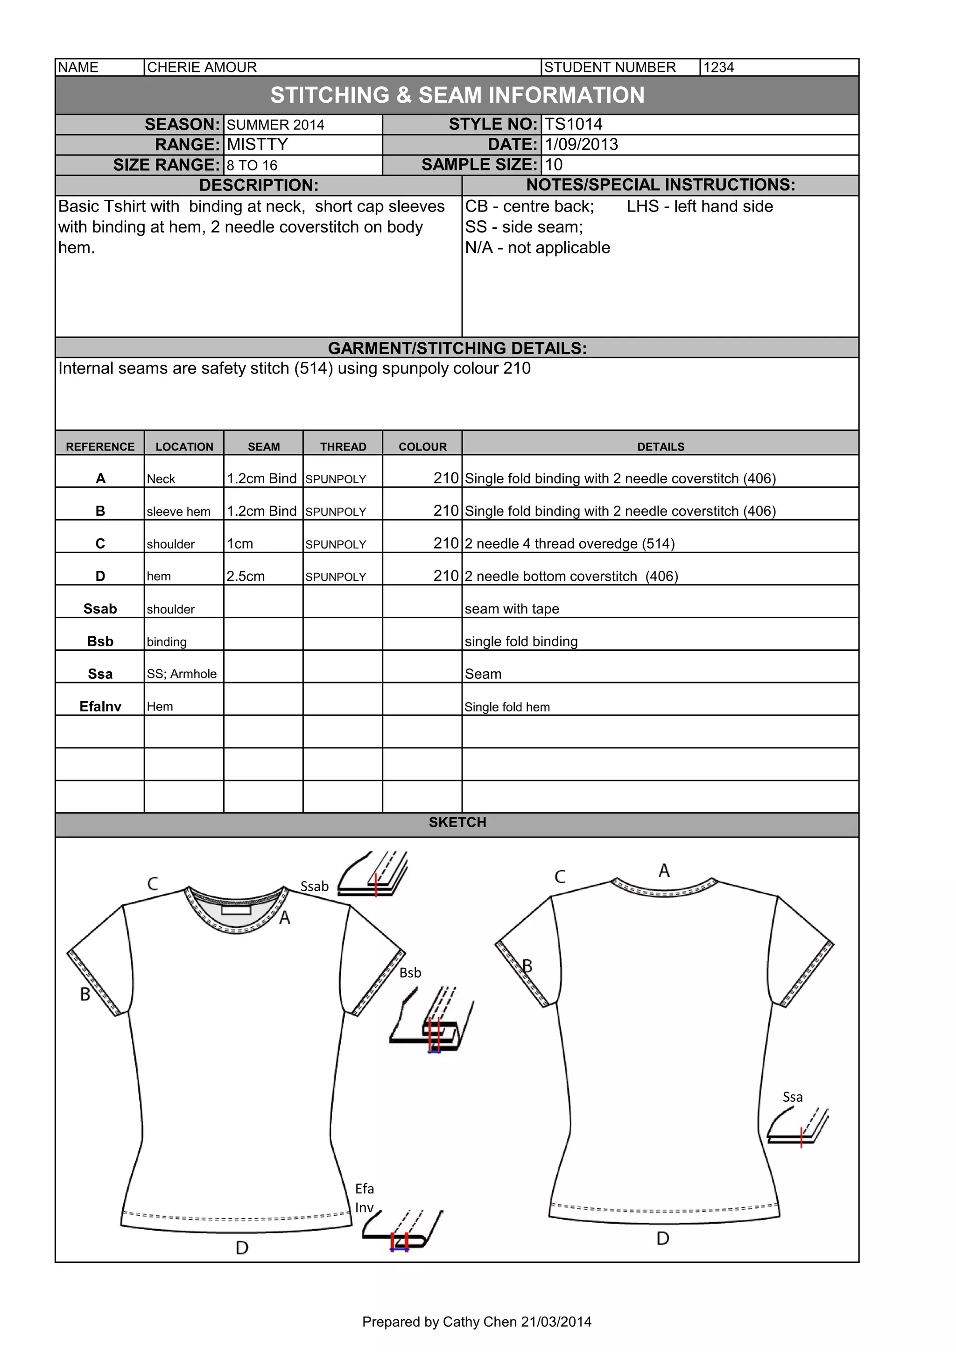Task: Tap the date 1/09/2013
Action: [581, 144]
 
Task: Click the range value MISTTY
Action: [257, 144]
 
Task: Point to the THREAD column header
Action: [343, 446]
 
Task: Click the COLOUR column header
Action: [422, 446]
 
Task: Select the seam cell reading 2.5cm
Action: [246, 576]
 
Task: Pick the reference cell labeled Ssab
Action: [100, 608]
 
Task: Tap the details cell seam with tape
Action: [512, 609]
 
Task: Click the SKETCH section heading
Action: [457, 822]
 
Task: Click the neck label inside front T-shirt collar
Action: [237, 910]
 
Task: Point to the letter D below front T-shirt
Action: [241, 1247]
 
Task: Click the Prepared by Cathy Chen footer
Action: [476, 1322]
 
